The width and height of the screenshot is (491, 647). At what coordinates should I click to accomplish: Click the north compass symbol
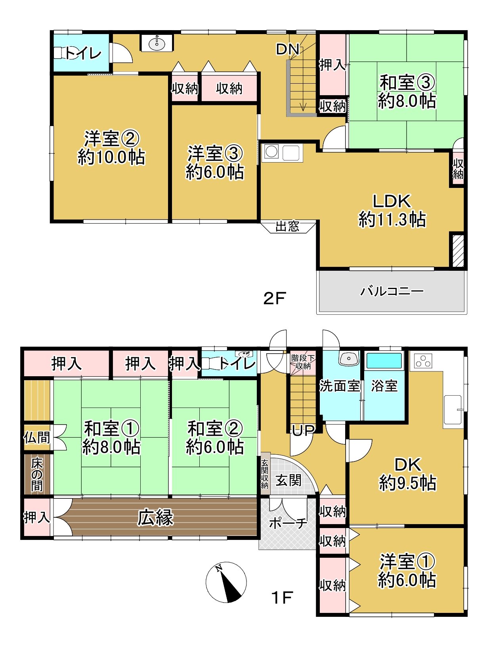[x=226, y=582]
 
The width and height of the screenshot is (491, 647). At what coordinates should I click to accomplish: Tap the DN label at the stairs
[x=287, y=50]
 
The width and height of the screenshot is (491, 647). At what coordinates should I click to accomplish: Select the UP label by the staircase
[x=303, y=430]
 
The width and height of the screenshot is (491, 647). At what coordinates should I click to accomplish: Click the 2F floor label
[x=274, y=298]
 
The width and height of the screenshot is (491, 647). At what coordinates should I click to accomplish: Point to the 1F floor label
[x=282, y=597]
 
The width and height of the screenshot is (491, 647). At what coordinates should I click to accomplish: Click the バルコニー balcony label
[x=392, y=292]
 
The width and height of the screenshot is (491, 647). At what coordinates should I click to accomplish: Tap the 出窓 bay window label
[x=287, y=227]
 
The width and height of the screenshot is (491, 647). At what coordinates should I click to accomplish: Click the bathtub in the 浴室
[x=384, y=361]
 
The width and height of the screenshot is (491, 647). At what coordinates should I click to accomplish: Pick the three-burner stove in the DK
[x=423, y=361]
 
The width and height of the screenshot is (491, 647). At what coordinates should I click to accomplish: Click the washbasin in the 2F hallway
[x=157, y=43]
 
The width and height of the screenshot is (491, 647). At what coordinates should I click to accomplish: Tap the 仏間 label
[x=37, y=438]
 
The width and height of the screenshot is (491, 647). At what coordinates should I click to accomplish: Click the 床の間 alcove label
[x=37, y=474]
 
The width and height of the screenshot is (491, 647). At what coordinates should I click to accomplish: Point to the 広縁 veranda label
[x=155, y=518]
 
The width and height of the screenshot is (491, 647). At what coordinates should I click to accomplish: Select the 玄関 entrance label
[x=288, y=480]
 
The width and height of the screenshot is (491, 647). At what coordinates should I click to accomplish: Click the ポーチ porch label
[x=288, y=523]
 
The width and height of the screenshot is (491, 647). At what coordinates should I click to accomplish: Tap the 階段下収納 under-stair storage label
[x=303, y=362]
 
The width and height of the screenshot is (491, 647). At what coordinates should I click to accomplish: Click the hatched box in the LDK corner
[x=458, y=251]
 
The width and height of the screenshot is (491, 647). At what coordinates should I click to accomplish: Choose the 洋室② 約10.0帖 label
[x=111, y=148]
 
